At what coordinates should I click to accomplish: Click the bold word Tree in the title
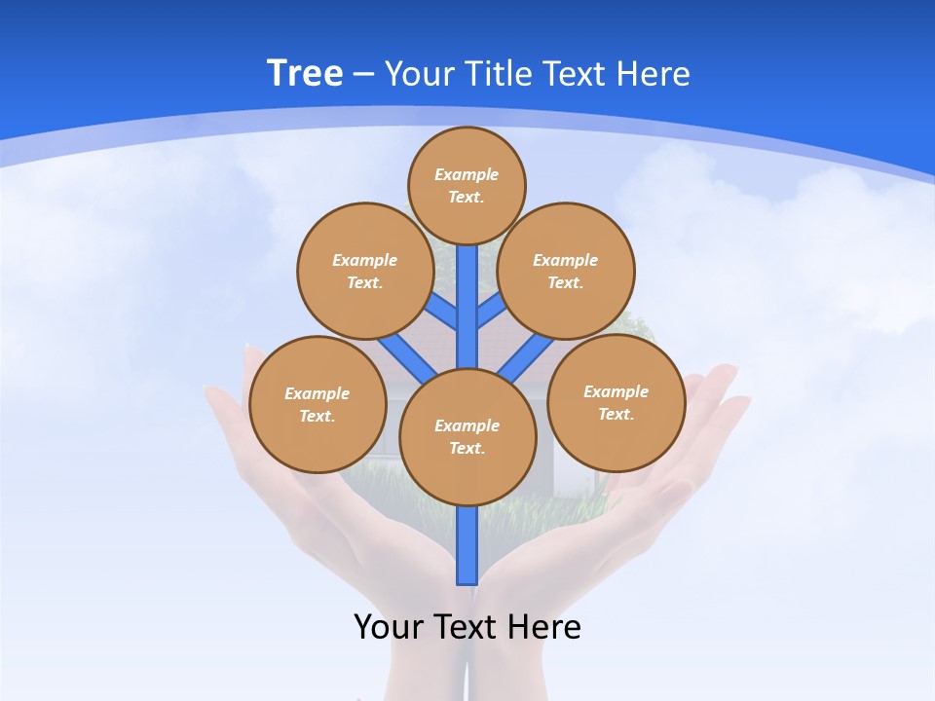pyautogui.click(x=305, y=74)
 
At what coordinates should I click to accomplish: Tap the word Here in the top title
pyautogui.click(x=652, y=74)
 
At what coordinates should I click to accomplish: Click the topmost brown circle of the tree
pyautogui.click(x=467, y=185)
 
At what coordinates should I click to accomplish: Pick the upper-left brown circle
pyautogui.click(x=364, y=271)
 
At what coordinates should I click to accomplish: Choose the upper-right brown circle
pyautogui.click(x=566, y=271)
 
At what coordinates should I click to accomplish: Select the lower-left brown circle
pyautogui.click(x=318, y=404)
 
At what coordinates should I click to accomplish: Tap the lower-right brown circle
pyautogui.click(x=616, y=402)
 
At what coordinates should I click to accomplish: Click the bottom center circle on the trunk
pyautogui.click(x=467, y=437)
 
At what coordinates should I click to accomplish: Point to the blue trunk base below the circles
pyautogui.click(x=467, y=545)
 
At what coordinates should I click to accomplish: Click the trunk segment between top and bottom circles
pyautogui.click(x=467, y=307)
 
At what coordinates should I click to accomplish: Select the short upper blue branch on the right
pyautogui.click(x=491, y=311)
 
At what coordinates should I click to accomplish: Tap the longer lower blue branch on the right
pyautogui.click(x=526, y=357)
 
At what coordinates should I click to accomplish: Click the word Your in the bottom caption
pyautogui.click(x=389, y=627)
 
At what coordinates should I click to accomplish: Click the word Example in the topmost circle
pyautogui.click(x=467, y=174)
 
